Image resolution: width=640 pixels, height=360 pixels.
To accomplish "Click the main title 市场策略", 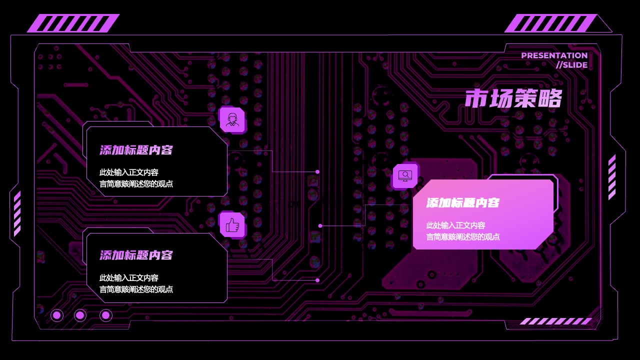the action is pyautogui.click(x=513, y=98).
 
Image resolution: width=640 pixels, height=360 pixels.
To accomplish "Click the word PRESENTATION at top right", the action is pyautogui.click(x=554, y=55).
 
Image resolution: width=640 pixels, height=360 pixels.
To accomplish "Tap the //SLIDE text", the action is pyautogui.click(x=571, y=65).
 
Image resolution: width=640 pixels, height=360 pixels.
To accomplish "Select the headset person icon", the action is pyautogui.click(x=232, y=119).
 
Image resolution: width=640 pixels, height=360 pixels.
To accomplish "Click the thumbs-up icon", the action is pyautogui.click(x=232, y=225).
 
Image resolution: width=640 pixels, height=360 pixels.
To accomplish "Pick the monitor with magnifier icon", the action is pyautogui.click(x=405, y=175).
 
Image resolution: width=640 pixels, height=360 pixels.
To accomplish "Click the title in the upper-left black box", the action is pyautogui.click(x=136, y=150).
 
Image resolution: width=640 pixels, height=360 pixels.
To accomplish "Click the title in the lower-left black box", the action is pyautogui.click(x=136, y=255).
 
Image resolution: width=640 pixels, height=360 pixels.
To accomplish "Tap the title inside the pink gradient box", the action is pyautogui.click(x=463, y=203).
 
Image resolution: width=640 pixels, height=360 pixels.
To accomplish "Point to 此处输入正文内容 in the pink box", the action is pyautogui.click(x=455, y=225).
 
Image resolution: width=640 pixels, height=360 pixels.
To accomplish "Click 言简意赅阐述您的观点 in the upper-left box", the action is pyautogui.click(x=136, y=183).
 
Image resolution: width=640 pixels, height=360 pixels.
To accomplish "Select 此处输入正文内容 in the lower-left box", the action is pyautogui.click(x=129, y=277).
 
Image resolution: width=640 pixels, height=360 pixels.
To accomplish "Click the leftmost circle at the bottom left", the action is pyautogui.click(x=57, y=315).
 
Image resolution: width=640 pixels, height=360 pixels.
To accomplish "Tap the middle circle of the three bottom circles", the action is pyautogui.click(x=80, y=315).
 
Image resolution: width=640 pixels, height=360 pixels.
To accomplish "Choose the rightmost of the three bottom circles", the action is pyautogui.click(x=105, y=315).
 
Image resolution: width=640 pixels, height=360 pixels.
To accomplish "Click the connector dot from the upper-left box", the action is pyautogui.click(x=317, y=171).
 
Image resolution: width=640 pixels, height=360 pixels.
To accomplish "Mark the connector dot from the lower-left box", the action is pyautogui.click(x=317, y=280).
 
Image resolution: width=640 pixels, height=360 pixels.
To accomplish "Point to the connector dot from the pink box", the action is pyautogui.click(x=320, y=225).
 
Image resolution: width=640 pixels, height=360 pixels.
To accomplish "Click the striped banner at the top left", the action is pyautogui.click(x=73, y=23).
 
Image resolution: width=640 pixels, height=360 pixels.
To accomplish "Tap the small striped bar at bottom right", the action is pyautogui.click(x=555, y=321).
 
